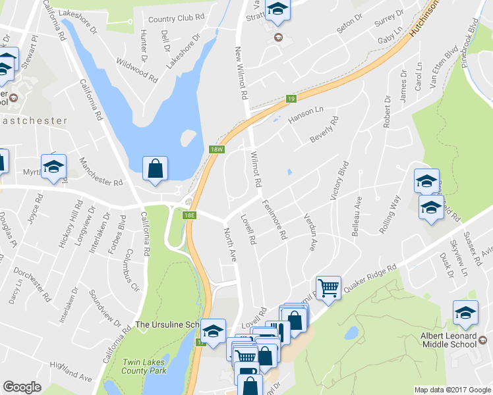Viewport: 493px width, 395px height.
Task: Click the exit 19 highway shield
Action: [x=291, y=99]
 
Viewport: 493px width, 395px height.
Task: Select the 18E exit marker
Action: [x=190, y=215]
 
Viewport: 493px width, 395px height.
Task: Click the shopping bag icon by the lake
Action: [x=154, y=168]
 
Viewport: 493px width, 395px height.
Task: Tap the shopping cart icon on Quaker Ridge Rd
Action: [x=328, y=288]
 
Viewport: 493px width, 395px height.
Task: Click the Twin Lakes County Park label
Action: [x=146, y=367]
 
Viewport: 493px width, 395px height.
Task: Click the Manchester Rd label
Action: [x=101, y=172]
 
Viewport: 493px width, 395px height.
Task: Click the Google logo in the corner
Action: [x=22, y=387]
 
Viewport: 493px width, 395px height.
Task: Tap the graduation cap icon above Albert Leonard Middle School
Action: [x=465, y=313]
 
